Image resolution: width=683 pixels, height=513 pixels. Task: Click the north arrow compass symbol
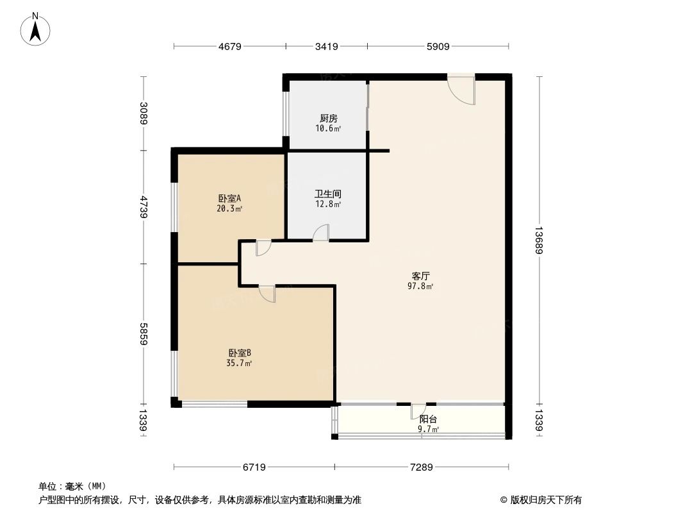37,28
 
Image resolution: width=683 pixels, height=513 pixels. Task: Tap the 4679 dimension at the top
229,46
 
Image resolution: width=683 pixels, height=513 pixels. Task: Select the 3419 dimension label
327,46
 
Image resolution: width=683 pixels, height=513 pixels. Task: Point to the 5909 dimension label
438,46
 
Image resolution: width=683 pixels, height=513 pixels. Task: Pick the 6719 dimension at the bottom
254,467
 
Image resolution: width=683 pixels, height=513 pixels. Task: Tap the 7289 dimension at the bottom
421,467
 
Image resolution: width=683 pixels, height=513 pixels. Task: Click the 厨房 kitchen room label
328,119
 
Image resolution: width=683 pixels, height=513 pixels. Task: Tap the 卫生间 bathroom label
327,194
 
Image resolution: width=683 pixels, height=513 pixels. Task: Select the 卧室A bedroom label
229,199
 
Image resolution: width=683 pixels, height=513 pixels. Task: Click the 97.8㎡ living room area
421,286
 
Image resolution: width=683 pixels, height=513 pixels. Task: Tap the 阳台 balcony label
428,419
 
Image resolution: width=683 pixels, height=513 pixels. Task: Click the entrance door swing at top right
463,89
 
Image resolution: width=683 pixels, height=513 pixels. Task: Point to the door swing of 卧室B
268,294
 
